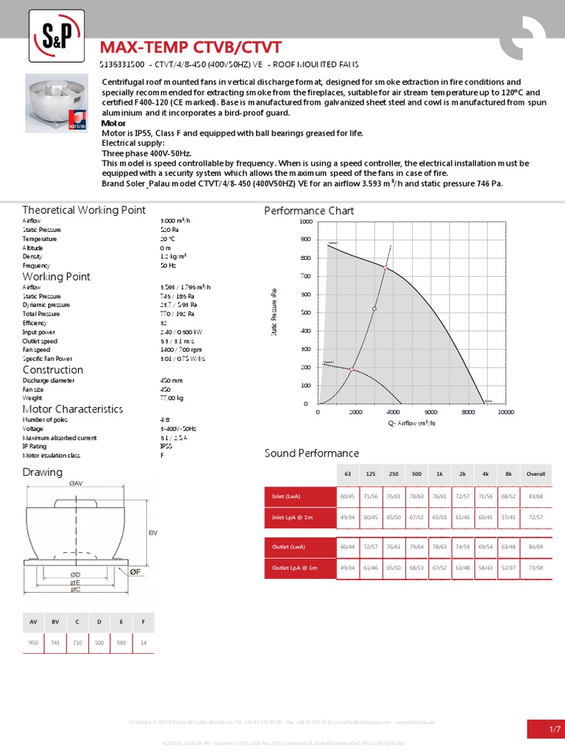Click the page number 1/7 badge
(x=545, y=729)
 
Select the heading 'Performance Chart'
(x=309, y=211)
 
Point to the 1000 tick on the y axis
(x=306, y=222)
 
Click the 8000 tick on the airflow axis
(x=469, y=412)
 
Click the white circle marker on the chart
(x=374, y=309)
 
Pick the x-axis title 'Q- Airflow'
(x=411, y=423)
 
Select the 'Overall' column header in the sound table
(x=536, y=474)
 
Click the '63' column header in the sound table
(x=347, y=474)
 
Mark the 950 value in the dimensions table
(x=33, y=644)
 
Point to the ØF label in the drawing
(x=135, y=571)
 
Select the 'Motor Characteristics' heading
(x=73, y=409)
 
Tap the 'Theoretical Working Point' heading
(x=84, y=210)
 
